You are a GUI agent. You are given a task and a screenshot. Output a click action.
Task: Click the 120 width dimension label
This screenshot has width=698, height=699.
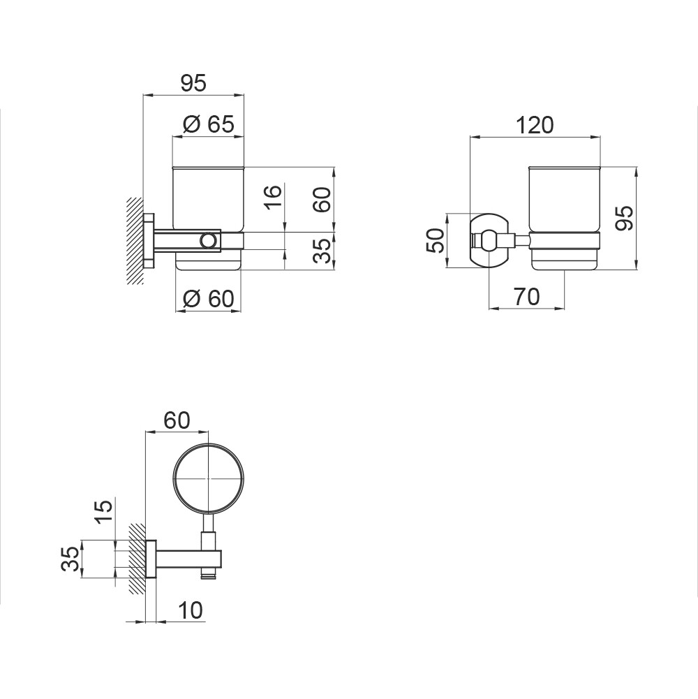(535, 125)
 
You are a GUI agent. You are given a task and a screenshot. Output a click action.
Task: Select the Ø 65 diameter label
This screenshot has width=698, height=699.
(209, 124)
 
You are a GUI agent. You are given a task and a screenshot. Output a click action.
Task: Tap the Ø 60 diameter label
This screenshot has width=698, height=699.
(209, 299)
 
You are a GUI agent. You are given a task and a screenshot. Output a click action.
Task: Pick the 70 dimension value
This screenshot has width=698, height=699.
(527, 297)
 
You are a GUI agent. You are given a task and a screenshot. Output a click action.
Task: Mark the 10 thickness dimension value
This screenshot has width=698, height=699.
(190, 610)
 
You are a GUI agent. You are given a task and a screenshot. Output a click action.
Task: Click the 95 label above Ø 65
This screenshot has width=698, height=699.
(193, 83)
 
